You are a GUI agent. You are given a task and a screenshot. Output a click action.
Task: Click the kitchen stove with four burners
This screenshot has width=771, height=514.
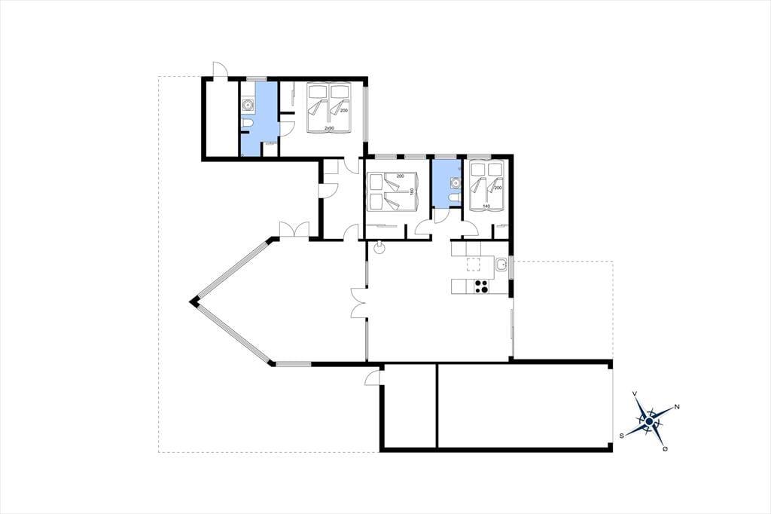[481, 286]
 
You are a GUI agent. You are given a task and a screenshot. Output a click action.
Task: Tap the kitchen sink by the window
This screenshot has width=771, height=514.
[501, 265]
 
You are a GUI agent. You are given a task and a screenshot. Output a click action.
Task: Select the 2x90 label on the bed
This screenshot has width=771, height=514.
[329, 128]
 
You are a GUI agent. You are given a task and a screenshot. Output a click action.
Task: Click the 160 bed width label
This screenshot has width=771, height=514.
[412, 191]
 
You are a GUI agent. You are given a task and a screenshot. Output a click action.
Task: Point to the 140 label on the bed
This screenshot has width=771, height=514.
[486, 207]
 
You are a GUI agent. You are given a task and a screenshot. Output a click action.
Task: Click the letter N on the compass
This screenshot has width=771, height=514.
[677, 407]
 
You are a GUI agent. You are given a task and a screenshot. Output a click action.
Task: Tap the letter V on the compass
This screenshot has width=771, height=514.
[635, 393]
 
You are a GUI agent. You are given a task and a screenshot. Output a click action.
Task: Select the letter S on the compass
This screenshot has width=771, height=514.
[622, 435]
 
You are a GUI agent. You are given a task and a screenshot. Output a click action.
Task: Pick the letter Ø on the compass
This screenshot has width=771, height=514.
[665, 449]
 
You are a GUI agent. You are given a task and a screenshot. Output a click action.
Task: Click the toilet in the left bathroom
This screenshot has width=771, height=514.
[247, 123]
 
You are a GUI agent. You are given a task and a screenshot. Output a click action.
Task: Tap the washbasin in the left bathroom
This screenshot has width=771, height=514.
[247, 104]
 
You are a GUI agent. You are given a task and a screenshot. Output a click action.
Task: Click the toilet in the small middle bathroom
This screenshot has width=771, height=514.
[454, 198]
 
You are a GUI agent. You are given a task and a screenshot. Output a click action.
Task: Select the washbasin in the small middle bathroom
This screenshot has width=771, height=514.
[456, 183]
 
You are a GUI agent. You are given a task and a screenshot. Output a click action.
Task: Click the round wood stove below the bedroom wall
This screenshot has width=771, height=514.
[380, 248]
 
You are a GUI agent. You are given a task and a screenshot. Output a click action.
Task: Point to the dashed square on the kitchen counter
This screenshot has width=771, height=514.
[473, 265]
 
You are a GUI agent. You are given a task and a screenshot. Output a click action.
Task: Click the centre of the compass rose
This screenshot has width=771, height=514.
[649, 421]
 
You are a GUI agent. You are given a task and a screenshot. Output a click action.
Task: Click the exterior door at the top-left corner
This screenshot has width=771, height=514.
[220, 70]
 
